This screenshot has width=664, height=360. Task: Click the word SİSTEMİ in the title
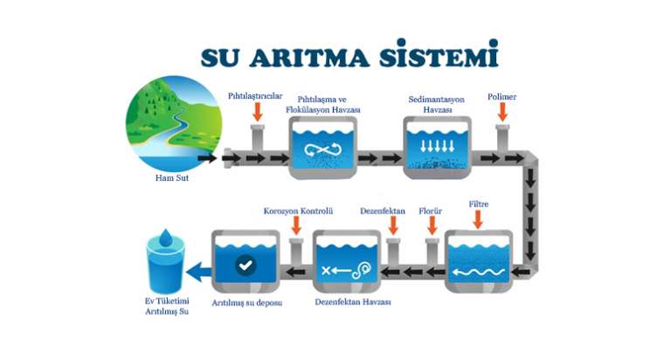point(439,54)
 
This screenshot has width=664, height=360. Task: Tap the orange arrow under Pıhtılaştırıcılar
point(258,111)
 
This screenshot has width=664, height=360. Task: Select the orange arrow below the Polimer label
point(502,112)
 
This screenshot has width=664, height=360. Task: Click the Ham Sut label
point(172,178)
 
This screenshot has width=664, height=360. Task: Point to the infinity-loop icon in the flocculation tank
point(322,149)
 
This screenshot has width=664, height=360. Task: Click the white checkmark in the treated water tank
point(246,266)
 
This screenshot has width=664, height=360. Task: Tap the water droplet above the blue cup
point(166,238)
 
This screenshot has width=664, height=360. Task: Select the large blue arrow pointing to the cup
point(198,272)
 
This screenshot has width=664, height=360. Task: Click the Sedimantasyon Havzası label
point(437,104)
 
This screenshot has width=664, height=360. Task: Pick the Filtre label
point(479,204)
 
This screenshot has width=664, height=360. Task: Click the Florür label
point(430,211)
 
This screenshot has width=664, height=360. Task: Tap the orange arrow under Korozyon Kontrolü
point(296,225)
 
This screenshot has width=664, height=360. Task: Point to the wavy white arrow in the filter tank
point(479,272)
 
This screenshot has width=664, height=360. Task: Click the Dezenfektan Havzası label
point(353,302)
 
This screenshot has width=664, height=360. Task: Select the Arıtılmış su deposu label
point(247,303)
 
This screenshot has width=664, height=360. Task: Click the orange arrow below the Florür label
point(432,225)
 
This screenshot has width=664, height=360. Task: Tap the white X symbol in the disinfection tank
point(326,270)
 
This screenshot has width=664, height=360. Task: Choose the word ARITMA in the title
point(309,57)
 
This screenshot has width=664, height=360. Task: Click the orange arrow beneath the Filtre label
point(478,220)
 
